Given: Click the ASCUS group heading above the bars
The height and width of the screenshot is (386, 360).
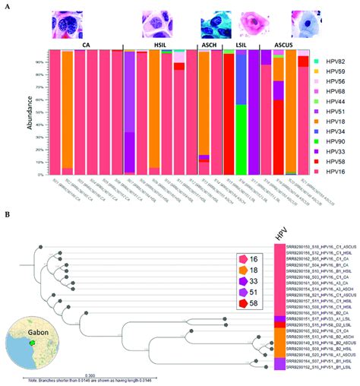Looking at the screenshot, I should click(292, 46).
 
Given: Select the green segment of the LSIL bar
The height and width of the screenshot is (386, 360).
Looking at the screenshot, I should click(241, 138).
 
